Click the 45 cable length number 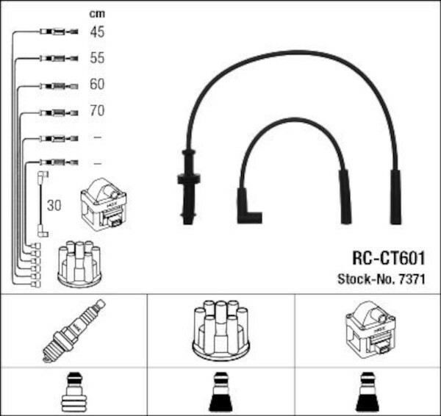point(97,32)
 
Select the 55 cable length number point(97,57)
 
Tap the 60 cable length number point(97,84)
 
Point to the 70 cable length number point(97,110)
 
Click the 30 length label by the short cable point(54,206)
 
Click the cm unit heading point(97,13)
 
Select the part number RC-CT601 point(389,258)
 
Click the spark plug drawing point(74,331)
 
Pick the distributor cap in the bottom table point(221,330)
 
